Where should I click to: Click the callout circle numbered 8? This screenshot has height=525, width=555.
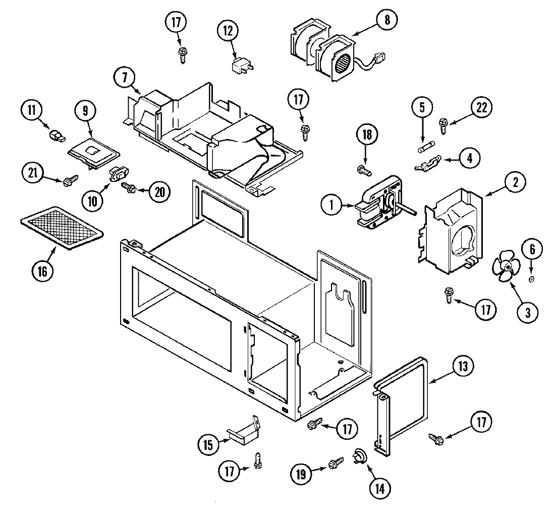tap(386, 20)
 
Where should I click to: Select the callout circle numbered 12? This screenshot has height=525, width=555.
tap(228, 30)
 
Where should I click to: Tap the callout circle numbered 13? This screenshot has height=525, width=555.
tap(463, 366)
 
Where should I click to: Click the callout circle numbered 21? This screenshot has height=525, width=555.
tap(32, 173)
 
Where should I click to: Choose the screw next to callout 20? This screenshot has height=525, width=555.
tap(129, 187)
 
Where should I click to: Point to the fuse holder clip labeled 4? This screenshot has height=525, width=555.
tap(427, 163)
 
